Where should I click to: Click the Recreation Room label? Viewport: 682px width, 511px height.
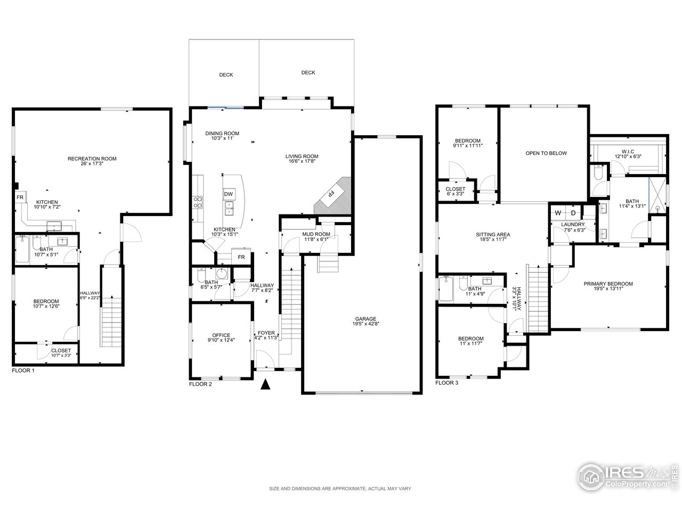(92, 159)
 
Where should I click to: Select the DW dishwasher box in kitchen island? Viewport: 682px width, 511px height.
(229, 194)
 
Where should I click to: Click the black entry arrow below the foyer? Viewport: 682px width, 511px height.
(265, 384)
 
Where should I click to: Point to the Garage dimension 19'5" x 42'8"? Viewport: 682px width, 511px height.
(365, 323)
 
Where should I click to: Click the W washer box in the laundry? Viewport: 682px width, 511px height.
(558, 213)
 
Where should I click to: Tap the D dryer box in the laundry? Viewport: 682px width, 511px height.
(573, 213)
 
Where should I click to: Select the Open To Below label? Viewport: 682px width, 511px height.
(546, 153)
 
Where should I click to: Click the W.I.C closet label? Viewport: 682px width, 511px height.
(628, 151)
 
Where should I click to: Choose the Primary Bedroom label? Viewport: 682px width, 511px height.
(608, 284)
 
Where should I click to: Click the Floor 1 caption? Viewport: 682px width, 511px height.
(23, 370)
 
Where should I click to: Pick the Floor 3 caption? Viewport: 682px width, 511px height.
(446, 383)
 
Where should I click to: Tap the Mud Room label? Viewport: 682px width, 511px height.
(317, 234)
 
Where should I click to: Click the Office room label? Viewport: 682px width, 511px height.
(221, 335)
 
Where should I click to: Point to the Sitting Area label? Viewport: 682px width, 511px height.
(493, 234)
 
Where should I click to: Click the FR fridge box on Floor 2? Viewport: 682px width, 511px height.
(241, 257)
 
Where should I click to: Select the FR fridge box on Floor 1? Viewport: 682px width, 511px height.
(20, 197)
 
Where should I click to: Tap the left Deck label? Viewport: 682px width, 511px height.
(226, 75)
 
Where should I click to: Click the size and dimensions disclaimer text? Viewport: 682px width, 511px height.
(340, 488)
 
